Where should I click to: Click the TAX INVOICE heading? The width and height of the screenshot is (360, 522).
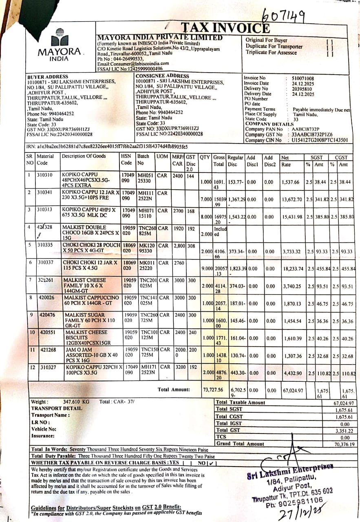coord(225,28)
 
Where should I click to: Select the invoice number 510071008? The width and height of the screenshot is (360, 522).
coord(303,78)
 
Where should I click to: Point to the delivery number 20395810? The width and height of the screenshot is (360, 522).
coord(303,88)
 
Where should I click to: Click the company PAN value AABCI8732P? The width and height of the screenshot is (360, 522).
coord(306,129)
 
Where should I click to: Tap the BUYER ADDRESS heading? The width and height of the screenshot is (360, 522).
coord(48,77)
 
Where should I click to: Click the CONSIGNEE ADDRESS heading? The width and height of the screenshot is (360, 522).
coord(162,76)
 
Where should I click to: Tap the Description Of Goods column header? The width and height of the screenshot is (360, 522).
coord(84,156)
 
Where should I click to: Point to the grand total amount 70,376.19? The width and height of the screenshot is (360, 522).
coord(344,444)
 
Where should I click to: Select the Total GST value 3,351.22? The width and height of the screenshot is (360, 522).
coord(344,430)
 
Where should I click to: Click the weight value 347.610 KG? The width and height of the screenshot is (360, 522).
coord(76,402)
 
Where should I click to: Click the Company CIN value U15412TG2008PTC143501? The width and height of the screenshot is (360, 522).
coord(320,140)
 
